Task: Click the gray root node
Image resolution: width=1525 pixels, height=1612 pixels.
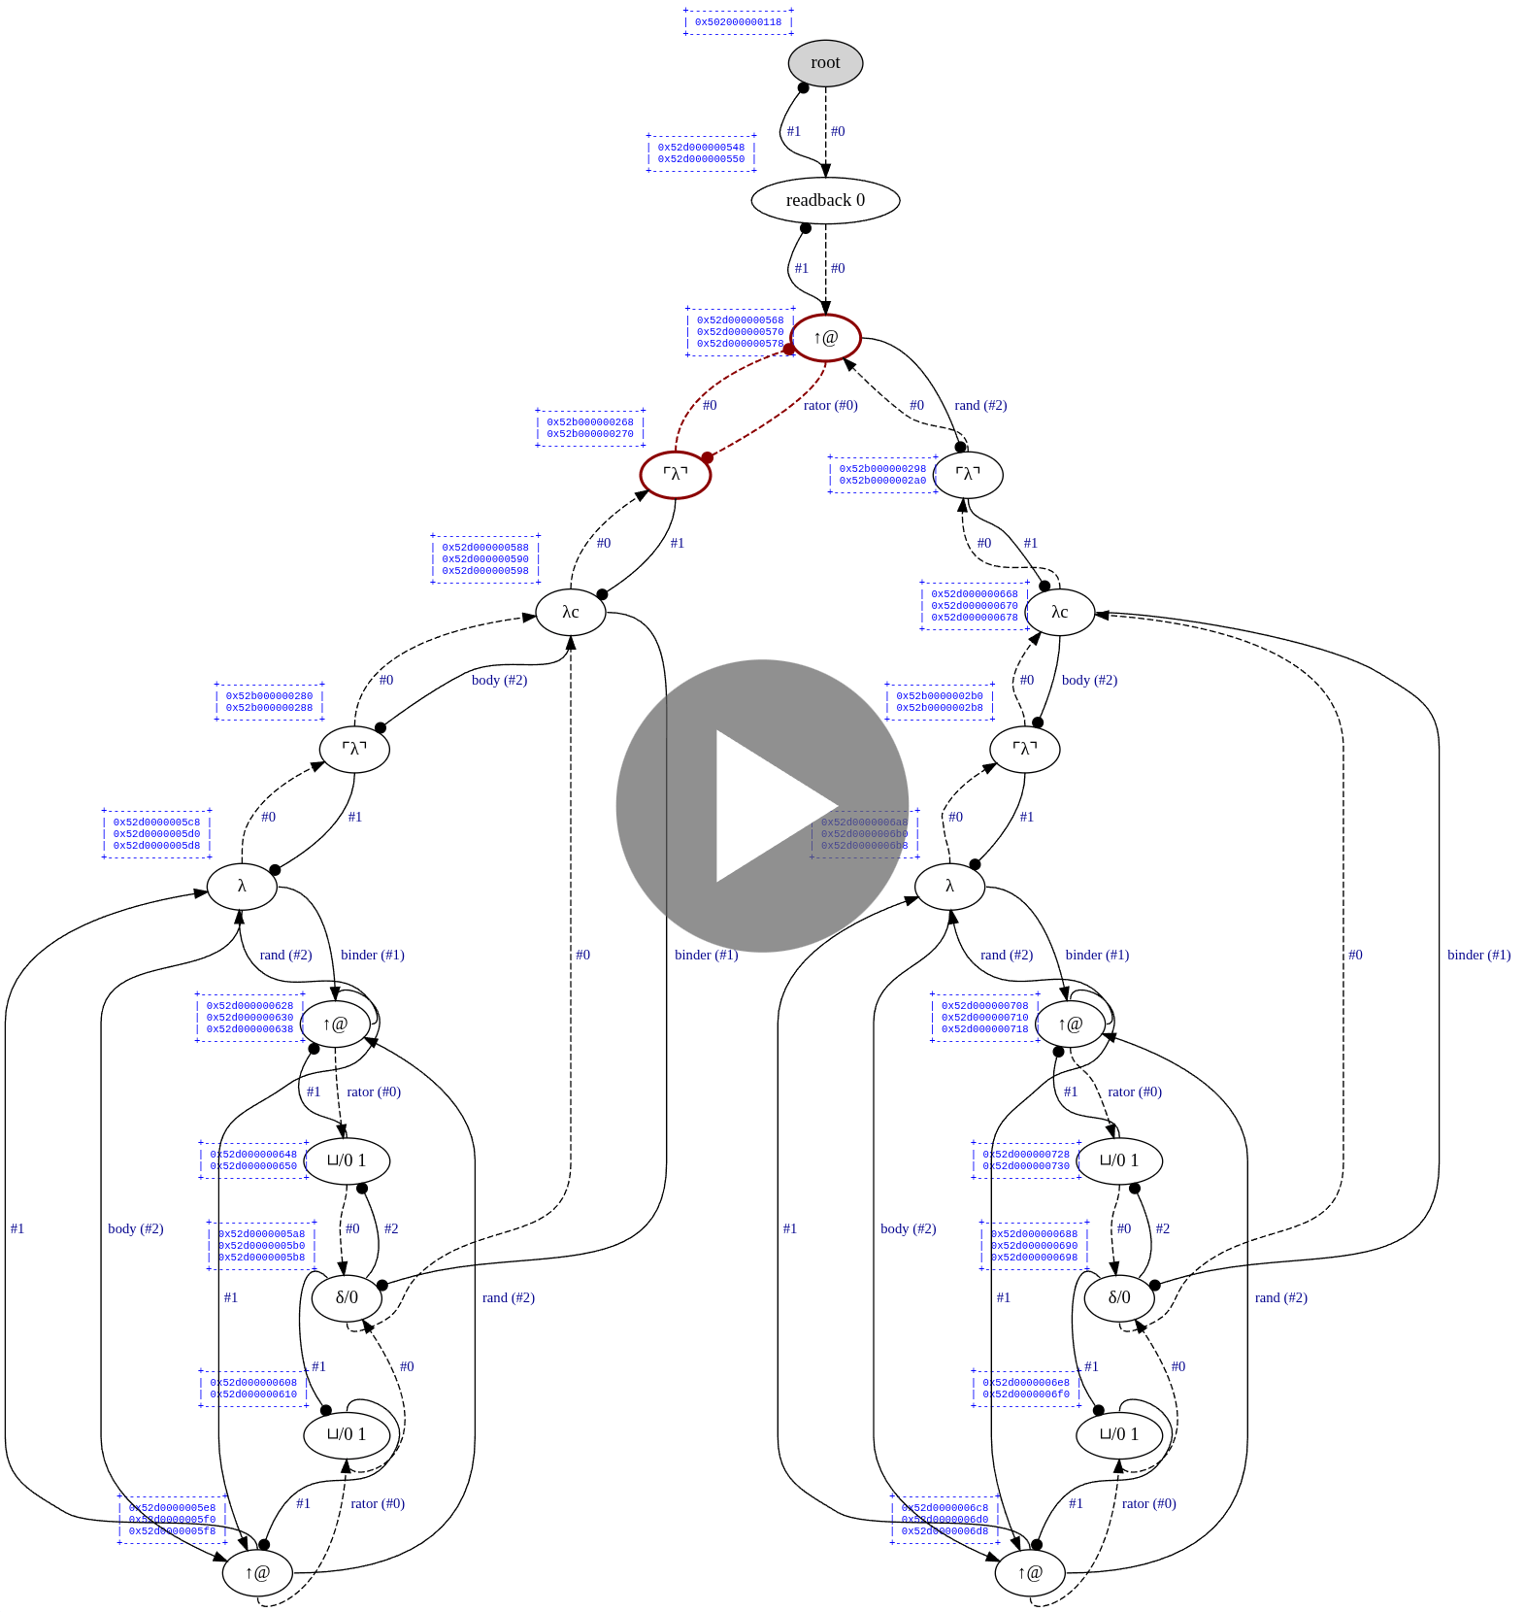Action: click(x=825, y=63)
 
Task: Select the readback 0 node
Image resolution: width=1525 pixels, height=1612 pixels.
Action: click(x=825, y=200)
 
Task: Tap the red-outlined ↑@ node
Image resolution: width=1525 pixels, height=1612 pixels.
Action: click(x=825, y=338)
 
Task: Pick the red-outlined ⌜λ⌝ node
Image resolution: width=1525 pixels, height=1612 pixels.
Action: click(x=676, y=475)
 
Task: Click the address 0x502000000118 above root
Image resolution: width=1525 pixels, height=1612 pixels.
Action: click(x=738, y=22)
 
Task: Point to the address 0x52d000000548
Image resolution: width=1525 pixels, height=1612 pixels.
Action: click(x=701, y=148)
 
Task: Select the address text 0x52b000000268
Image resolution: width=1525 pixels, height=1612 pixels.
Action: click(x=589, y=422)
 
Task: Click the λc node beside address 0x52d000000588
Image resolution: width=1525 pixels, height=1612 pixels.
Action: click(x=571, y=613)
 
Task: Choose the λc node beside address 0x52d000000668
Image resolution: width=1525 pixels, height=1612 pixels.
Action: click(x=1060, y=613)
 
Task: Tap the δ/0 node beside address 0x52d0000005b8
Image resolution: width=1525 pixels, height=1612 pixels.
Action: click(x=347, y=1297)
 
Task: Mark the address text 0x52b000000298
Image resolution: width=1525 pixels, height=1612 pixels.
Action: click(x=882, y=469)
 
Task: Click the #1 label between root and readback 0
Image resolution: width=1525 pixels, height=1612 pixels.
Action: click(x=794, y=131)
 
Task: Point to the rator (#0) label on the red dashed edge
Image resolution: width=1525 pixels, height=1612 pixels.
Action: click(x=831, y=406)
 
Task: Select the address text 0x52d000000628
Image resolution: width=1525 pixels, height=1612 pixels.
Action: click(x=249, y=1006)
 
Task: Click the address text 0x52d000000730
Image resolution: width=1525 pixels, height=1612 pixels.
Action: click(x=1026, y=1166)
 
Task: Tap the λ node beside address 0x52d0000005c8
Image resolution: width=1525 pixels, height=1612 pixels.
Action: click(x=242, y=887)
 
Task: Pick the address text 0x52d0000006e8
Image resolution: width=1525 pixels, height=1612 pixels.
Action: click(x=1026, y=1383)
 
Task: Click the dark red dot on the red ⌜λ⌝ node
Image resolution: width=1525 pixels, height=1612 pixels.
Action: click(x=707, y=456)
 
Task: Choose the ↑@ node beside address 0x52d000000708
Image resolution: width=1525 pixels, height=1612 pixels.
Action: click(x=1070, y=1024)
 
